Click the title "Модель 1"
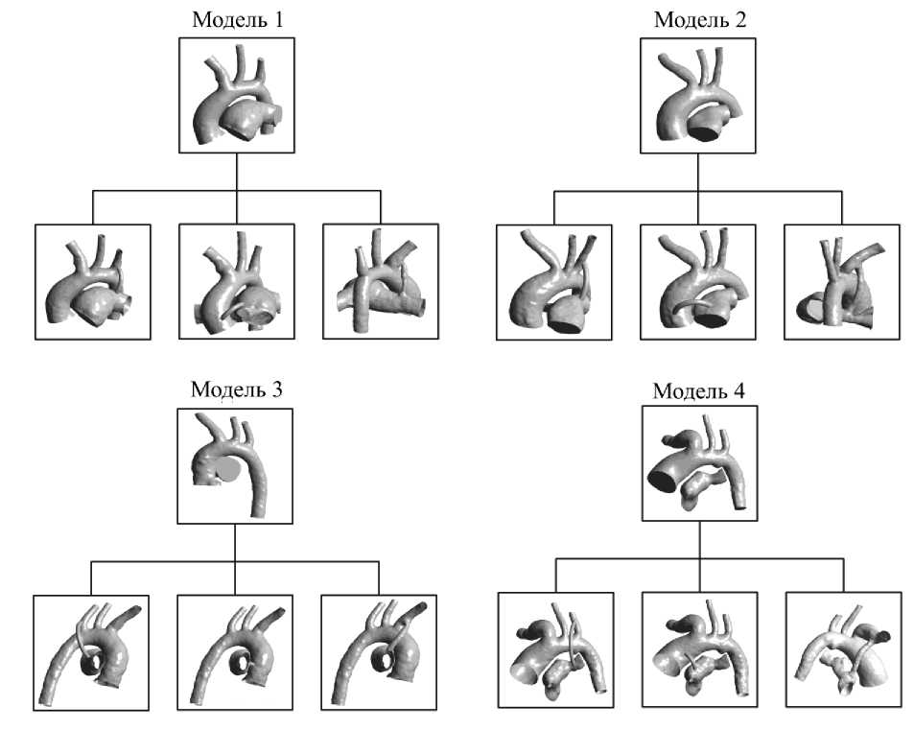[236, 18]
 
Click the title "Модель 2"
[697, 18]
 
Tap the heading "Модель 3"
[236, 389]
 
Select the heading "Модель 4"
[698, 389]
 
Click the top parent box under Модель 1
[237, 95]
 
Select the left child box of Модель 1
[92, 281]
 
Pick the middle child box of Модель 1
[237, 281]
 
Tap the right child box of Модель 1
[381, 281]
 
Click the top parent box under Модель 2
[697, 95]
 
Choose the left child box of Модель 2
[553, 282]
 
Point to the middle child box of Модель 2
[697, 282]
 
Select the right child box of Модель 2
[842, 282]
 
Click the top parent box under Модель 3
[236, 465]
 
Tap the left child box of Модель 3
[91, 652]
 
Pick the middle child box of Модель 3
[235, 652]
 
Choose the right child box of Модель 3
[379, 652]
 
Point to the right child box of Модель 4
[844, 650]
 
